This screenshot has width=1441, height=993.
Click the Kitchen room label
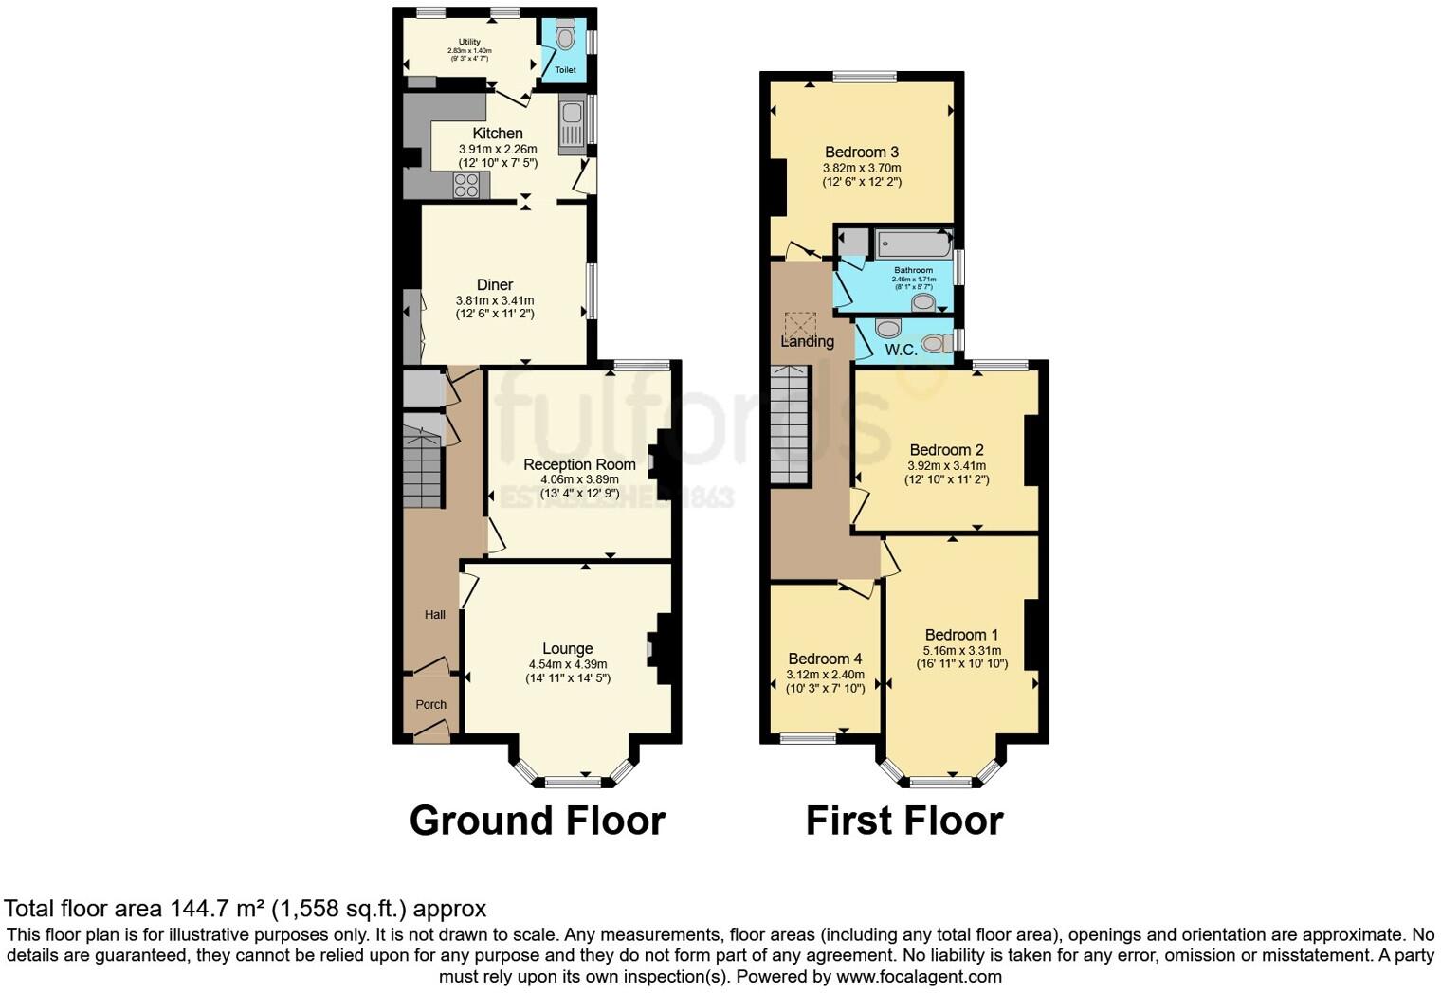[x=498, y=134]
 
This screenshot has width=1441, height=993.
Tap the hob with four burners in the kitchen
[x=465, y=185]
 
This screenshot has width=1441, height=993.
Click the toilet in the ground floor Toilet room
[x=566, y=38]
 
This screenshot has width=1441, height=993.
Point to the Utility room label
[x=469, y=42]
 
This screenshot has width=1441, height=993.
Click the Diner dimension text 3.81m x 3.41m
[x=495, y=300]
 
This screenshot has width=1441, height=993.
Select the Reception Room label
[x=579, y=464]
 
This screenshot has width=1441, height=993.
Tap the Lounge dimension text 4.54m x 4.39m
[x=568, y=664]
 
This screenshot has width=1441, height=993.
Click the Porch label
[x=431, y=704]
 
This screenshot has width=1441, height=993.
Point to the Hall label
[x=435, y=614]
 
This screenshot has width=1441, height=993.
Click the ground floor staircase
[x=423, y=468]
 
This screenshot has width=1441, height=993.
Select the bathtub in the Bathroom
[x=913, y=244]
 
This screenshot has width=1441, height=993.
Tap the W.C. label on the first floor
[x=901, y=350]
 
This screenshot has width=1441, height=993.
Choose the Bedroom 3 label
[x=862, y=152]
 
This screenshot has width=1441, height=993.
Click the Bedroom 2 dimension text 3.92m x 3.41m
[x=946, y=465]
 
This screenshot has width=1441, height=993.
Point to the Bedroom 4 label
[x=825, y=659]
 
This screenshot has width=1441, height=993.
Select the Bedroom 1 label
[x=961, y=635]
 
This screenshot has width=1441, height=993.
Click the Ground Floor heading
[x=537, y=821]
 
